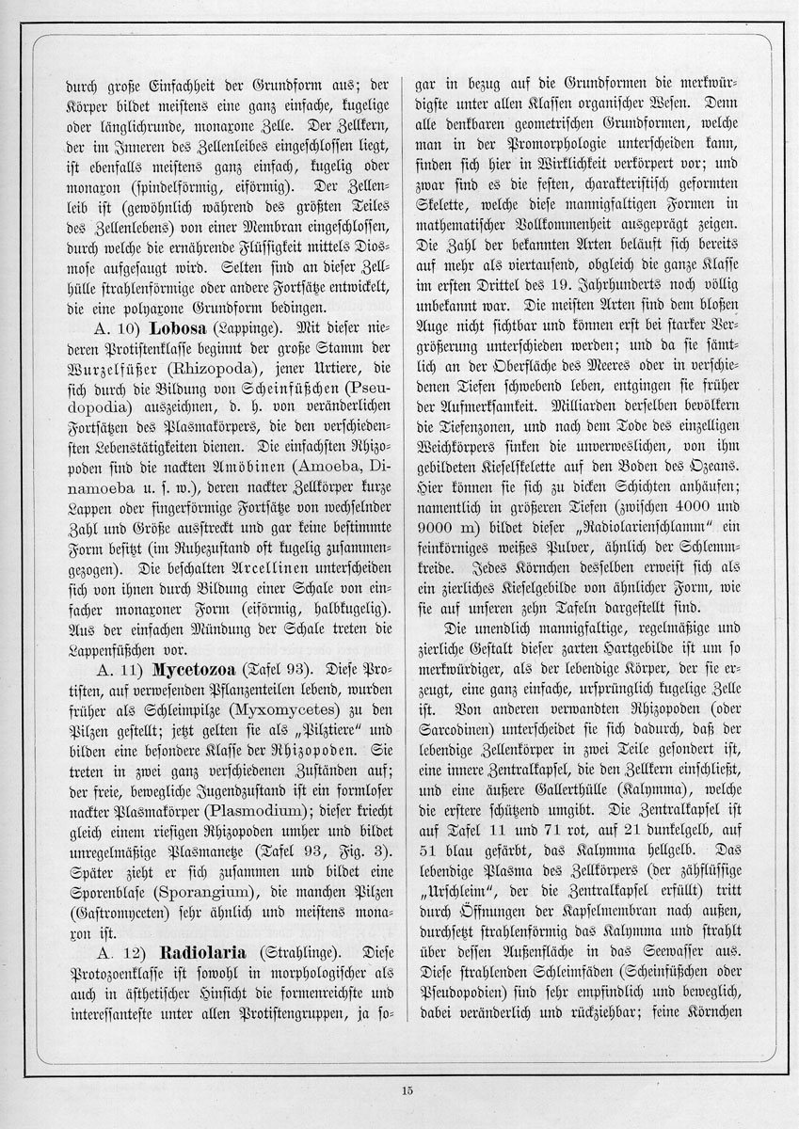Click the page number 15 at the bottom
tap(406, 1090)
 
